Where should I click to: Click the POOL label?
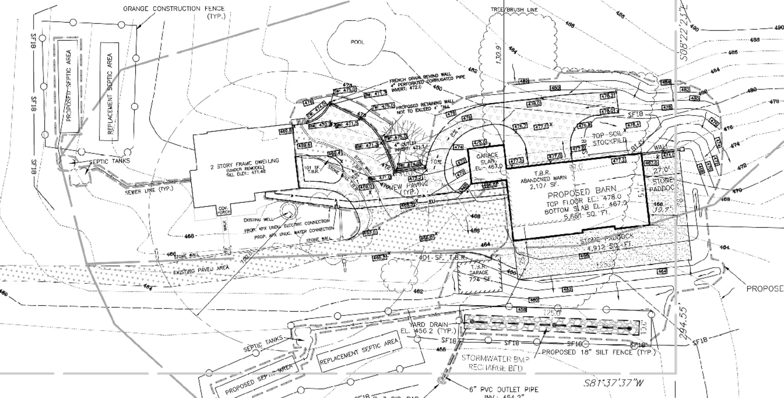[x=358, y=42]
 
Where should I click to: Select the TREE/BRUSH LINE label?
[x=514, y=10]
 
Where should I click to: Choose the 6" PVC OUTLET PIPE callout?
[x=504, y=390]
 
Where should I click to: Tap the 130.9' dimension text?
[x=500, y=55]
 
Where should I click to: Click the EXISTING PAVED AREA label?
[x=201, y=270]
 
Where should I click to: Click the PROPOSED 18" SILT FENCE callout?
[x=599, y=352]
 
